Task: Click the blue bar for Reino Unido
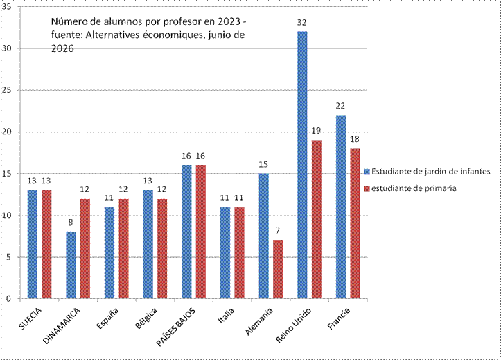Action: point(302,165)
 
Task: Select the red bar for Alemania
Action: point(278,270)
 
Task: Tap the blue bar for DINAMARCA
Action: point(71,266)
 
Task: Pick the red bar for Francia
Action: point(355,224)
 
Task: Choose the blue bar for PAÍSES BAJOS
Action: point(186,232)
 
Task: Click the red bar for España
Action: point(123,249)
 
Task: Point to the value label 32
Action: point(301,23)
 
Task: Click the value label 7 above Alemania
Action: point(277,231)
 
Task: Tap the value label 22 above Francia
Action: point(340,106)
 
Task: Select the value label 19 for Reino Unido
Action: point(316,131)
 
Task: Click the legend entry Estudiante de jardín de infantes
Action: point(427,172)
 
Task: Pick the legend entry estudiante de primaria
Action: point(410,188)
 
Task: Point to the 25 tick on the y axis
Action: point(6,90)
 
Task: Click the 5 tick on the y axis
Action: point(8,257)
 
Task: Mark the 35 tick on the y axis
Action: point(6,7)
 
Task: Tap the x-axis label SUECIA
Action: point(30,318)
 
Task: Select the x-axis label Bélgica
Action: point(146,318)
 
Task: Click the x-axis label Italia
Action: point(227,315)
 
